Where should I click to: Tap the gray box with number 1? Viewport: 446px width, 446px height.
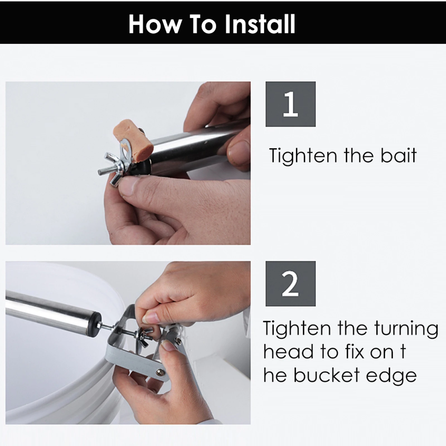[290, 104]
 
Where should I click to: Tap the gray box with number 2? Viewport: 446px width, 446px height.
[290, 284]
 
